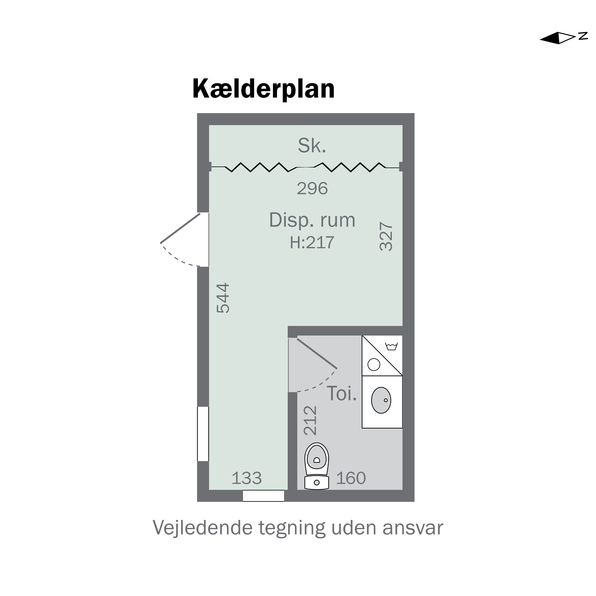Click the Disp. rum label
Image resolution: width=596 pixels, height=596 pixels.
[x=312, y=220]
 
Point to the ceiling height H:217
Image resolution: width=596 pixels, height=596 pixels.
[x=312, y=242]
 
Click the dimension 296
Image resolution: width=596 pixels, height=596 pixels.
[x=312, y=189]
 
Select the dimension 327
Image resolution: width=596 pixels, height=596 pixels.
[x=386, y=236]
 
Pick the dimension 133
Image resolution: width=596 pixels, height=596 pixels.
[x=247, y=478]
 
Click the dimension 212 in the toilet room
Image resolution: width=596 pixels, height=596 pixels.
[x=310, y=420]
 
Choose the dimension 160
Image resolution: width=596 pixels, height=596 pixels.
[x=351, y=478]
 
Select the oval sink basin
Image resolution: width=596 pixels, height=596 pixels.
[x=381, y=400]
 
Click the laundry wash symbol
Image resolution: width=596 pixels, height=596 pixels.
[x=391, y=346]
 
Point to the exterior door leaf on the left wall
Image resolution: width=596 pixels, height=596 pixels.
[x=180, y=228]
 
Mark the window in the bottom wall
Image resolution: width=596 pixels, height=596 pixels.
[x=263, y=496]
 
